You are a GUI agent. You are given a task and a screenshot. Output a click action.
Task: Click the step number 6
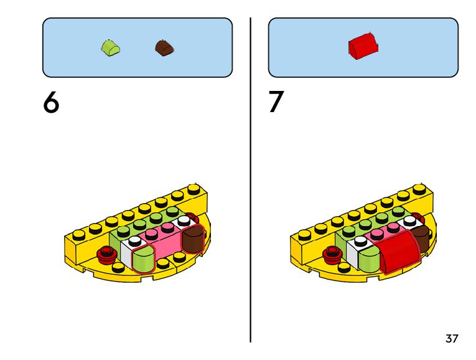pos(51,103)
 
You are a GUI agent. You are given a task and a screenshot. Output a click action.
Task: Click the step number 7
pos(276,103)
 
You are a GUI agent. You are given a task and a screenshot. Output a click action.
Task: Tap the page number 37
pos(452,339)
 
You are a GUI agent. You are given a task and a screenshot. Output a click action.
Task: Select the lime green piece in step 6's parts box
pos(111,47)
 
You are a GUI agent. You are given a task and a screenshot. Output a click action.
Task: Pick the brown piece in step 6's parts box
pos(164,47)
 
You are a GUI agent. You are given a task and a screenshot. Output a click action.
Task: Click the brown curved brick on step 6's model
pos(194,239)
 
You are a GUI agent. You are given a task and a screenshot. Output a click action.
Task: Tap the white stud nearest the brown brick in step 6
pos(184,220)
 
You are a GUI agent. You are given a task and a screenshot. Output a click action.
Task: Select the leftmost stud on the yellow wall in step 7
pos(304,235)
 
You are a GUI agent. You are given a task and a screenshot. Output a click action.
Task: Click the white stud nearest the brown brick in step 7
pos(410,220)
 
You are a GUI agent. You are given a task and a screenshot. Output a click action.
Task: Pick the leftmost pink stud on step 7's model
pos(377,235)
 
